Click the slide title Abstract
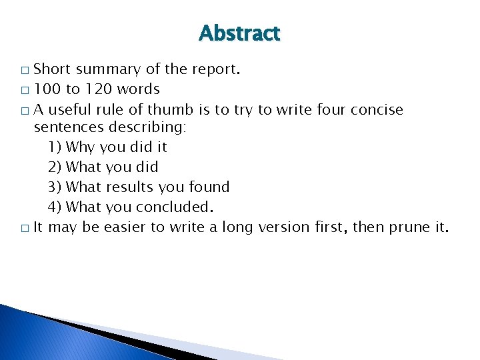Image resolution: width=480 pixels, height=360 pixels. point(239,33)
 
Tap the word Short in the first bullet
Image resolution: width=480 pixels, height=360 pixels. point(52,69)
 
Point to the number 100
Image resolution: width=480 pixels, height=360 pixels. point(47,89)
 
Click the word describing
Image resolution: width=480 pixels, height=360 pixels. point(148,127)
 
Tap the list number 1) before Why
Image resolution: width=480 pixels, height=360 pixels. point(55,147)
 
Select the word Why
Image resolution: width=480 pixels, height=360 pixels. point(81,147)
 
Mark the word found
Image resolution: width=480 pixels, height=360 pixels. point(208,187)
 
